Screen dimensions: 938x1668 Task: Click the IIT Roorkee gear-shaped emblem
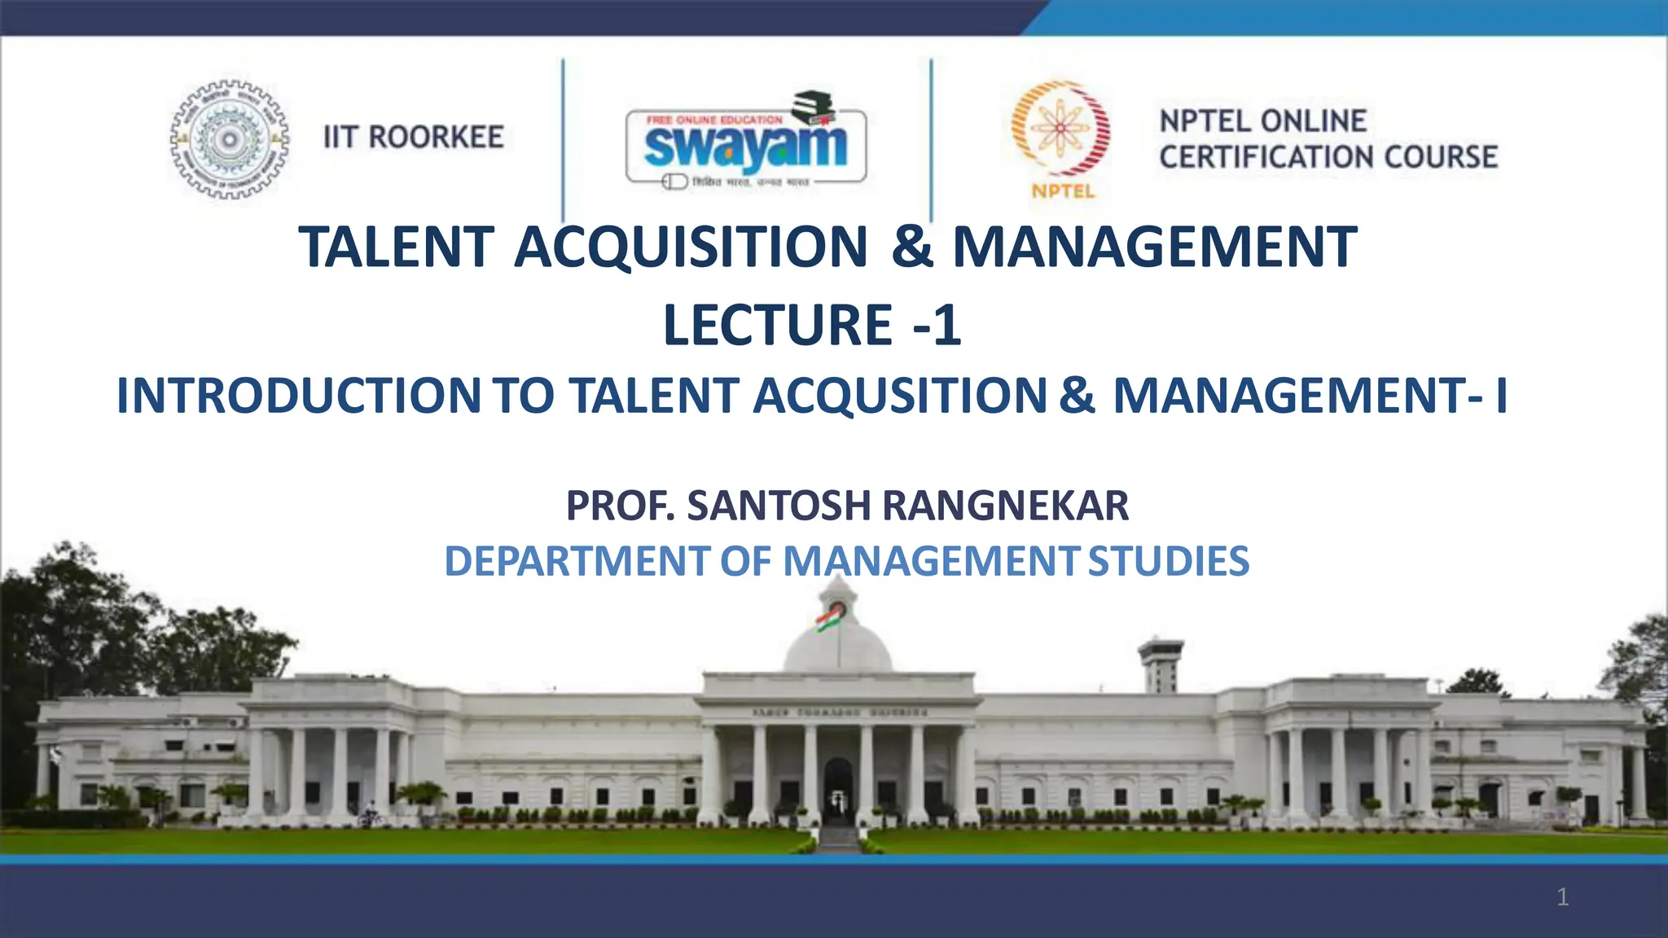[x=230, y=139]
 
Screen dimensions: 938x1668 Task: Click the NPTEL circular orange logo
[x=1060, y=130]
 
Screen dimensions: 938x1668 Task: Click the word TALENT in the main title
[x=396, y=247]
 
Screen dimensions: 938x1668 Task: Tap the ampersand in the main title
[x=912, y=247]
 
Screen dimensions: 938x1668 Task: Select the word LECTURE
[x=778, y=325]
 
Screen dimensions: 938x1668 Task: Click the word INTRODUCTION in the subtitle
[x=299, y=396]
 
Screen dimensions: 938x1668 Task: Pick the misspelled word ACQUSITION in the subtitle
[x=900, y=396]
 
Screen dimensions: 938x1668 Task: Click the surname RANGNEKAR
[x=1006, y=506]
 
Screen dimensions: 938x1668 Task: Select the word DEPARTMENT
[x=577, y=562]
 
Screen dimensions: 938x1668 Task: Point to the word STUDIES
[x=1168, y=562]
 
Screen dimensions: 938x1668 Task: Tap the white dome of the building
[x=837, y=651]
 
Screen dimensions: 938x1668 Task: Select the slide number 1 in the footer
[x=1562, y=897]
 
